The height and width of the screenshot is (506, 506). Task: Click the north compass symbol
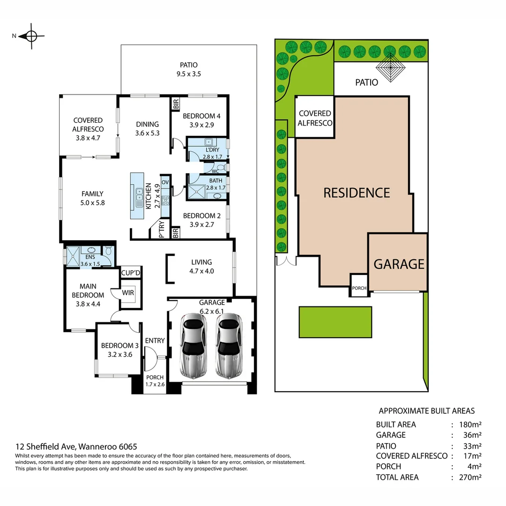[31, 36]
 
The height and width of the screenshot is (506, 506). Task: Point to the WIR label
[128, 293]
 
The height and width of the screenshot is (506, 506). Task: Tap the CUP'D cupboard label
[131, 273]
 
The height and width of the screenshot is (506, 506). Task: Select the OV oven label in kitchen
[165, 182]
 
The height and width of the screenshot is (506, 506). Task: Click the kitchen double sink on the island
[139, 197]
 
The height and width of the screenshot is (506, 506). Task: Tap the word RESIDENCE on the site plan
[357, 193]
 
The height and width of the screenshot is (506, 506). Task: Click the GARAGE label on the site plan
[399, 264]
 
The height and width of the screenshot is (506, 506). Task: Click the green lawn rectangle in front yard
[335, 322]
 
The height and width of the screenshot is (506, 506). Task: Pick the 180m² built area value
[471, 424]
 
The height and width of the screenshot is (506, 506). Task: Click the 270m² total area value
[471, 477]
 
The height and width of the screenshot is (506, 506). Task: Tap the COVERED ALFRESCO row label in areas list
[411, 456]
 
